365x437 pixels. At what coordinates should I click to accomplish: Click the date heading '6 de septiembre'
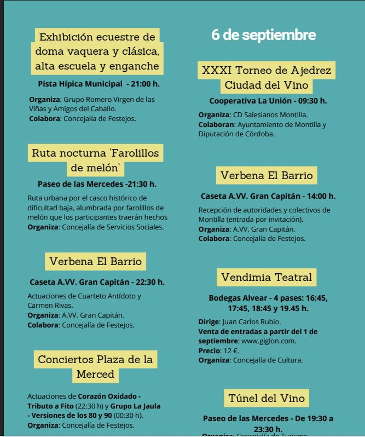(x=263, y=35)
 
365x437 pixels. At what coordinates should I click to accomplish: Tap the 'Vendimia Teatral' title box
(x=266, y=277)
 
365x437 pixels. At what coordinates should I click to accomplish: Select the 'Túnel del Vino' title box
(x=266, y=397)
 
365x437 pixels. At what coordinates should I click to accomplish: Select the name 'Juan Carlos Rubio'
(x=251, y=321)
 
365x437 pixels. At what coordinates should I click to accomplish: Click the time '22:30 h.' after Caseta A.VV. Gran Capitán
(x=146, y=282)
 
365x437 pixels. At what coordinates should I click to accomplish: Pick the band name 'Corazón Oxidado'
(x=109, y=395)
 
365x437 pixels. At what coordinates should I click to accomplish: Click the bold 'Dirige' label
(x=208, y=321)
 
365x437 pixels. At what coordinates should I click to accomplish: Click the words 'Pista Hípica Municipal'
(x=80, y=84)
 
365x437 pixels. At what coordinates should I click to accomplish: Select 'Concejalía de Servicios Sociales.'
(x=113, y=227)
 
